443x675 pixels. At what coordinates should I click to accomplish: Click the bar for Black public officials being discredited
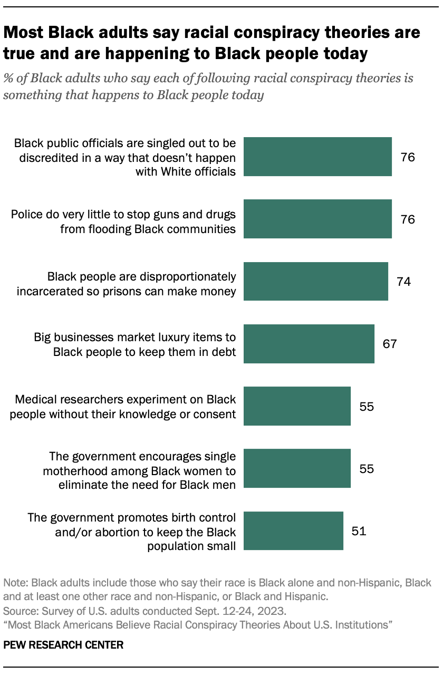[317, 157]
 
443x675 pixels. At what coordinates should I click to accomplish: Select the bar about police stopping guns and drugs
[317, 219]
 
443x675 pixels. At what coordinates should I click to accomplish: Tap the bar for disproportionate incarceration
[315, 281]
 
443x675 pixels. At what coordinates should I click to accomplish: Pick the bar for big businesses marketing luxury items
[309, 344]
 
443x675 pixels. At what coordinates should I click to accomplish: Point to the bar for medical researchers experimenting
[297, 406]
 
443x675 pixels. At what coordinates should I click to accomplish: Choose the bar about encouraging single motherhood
[297, 468]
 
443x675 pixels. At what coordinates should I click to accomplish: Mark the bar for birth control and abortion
[293, 531]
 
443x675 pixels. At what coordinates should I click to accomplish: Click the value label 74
[403, 282]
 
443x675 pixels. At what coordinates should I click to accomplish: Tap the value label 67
[390, 344]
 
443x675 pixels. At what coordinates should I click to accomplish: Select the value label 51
[359, 531]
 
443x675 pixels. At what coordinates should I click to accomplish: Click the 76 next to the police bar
[408, 219]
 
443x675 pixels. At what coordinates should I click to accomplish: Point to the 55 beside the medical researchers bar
[366, 406]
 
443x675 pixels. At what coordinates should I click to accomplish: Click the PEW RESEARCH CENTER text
[63, 645]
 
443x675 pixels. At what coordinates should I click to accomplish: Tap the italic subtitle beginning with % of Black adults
[208, 87]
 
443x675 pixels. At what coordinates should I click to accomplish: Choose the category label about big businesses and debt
[135, 344]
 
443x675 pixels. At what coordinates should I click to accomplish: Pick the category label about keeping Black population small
[132, 531]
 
